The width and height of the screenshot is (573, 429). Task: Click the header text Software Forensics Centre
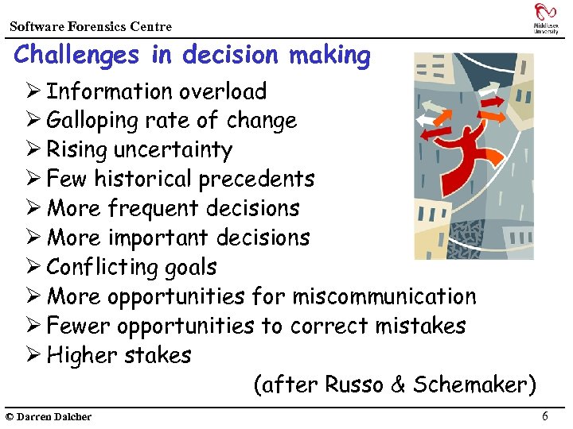pyautogui.click(x=91, y=26)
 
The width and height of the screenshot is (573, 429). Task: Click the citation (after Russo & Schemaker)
pyautogui.click(x=394, y=385)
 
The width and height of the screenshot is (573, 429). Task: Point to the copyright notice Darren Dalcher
pyautogui.click(x=49, y=417)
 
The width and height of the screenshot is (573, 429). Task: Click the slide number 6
pyautogui.click(x=544, y=416)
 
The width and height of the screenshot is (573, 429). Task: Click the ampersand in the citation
pyautogui.click(x=399, y=385)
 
